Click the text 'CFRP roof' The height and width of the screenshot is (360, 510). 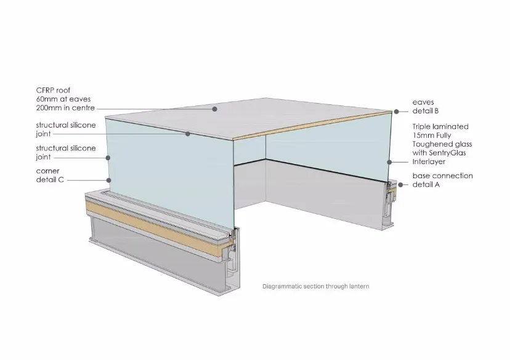[53, 90]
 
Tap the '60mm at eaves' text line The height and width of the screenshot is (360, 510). [63, 99]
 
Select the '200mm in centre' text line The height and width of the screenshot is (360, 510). [65, 108]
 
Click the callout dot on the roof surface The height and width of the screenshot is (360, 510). [215, 109]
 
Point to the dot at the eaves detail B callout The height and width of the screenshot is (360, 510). [397, 112]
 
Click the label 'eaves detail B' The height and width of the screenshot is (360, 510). [426, 107]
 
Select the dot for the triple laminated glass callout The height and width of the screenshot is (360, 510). [389, 162]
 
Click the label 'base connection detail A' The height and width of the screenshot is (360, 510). [443, 180]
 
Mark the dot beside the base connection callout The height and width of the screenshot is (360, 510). [401, 184]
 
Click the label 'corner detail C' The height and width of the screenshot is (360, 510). [50, 175]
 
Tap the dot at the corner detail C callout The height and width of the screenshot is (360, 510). [109, 180]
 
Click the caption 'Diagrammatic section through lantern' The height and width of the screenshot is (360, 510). [316, 287]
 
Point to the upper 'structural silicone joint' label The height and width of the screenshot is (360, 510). [66, 129]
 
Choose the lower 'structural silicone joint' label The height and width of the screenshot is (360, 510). [66, 152]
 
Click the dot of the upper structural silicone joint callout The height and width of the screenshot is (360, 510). [188, 134]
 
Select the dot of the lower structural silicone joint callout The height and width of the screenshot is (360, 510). [108, 158]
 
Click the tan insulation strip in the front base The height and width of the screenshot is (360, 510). [160, 227]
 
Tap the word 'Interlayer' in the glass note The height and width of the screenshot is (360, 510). [429, 162]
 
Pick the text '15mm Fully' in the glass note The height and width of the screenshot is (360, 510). [432, 135]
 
